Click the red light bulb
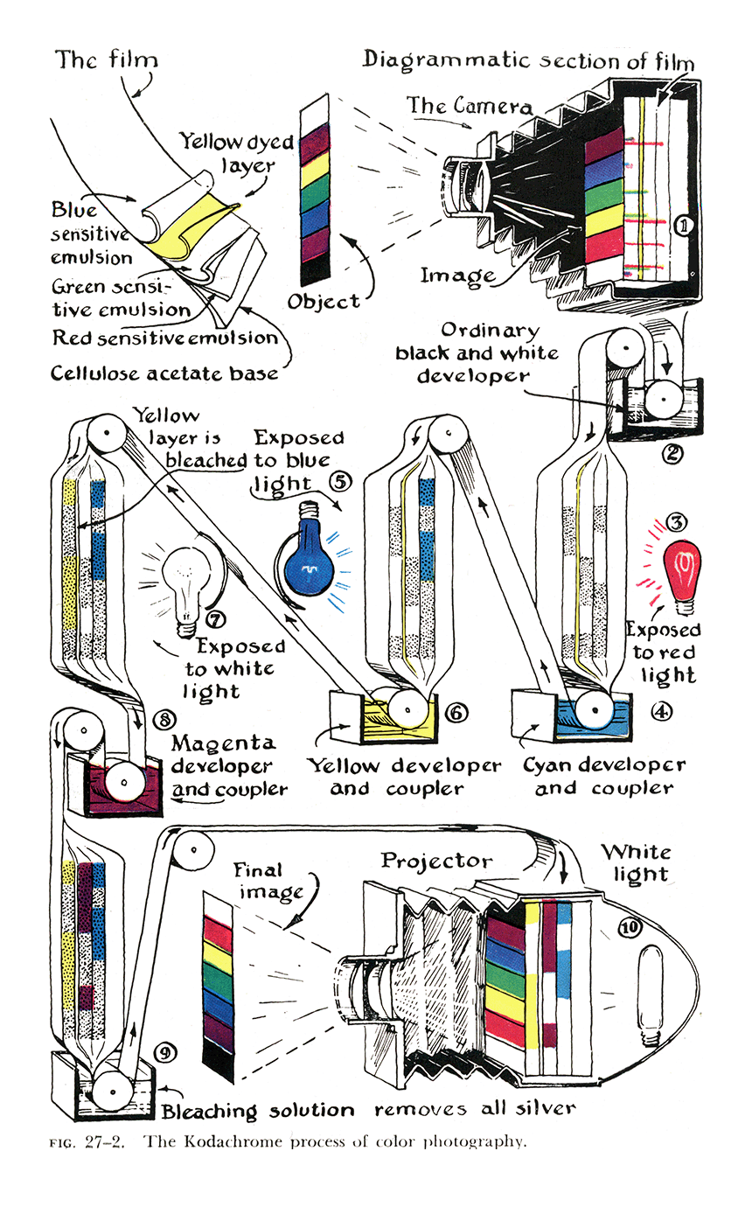pos(683,576)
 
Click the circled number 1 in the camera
pos(684,226)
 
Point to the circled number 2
pos(672,454)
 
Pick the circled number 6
pos(456,713)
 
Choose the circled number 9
pos(165,1053)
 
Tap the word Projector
pos(436,862)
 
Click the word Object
pos(324,302)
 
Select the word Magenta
pos(224,743)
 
